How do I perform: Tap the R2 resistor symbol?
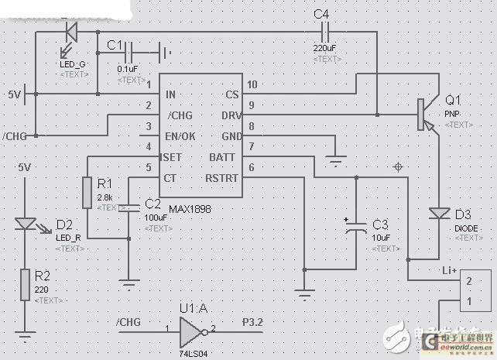(x=26, y=283)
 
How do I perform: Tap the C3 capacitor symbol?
(x=355, y=225)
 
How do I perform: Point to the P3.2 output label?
(x=254, y=321)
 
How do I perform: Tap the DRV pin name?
(x=229, y=115)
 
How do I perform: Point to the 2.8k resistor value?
(x=105, y=198)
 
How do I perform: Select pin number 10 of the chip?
(x=252, y=84)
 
